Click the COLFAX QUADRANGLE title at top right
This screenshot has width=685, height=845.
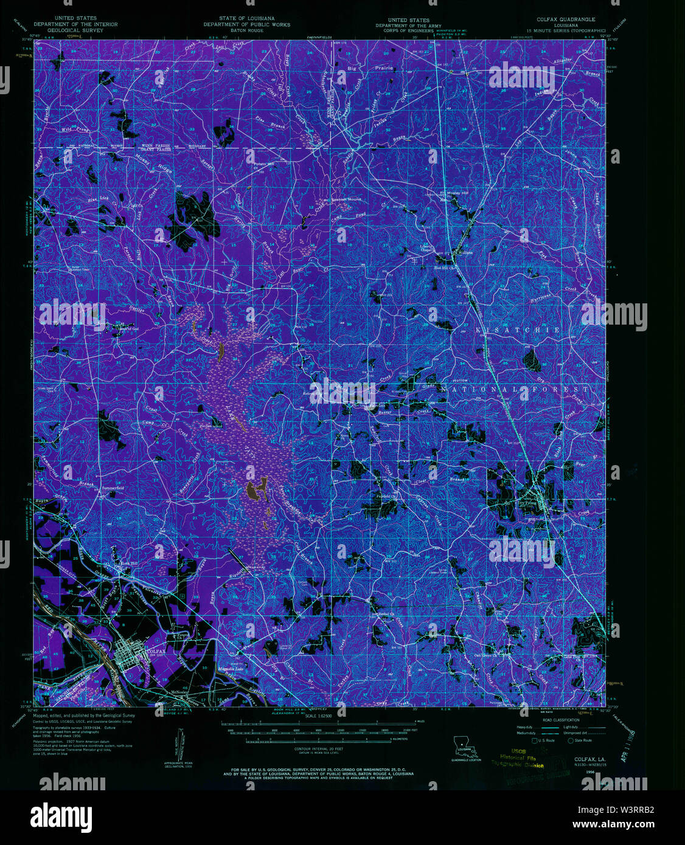coord(566,19)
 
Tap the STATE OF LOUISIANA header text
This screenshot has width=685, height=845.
coord(246,19)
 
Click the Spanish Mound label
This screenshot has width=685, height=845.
coord(346,199)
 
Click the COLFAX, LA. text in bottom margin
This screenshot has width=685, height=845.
coord(589,759)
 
